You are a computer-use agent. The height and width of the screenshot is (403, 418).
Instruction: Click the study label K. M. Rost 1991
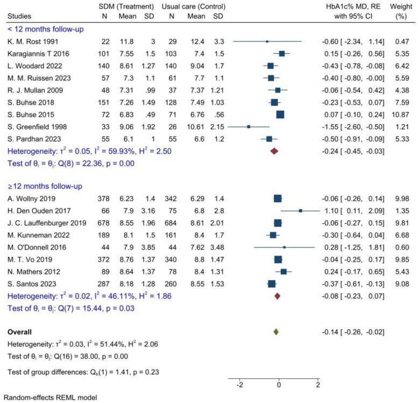27,41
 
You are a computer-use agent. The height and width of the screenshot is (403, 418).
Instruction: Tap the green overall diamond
275,332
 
